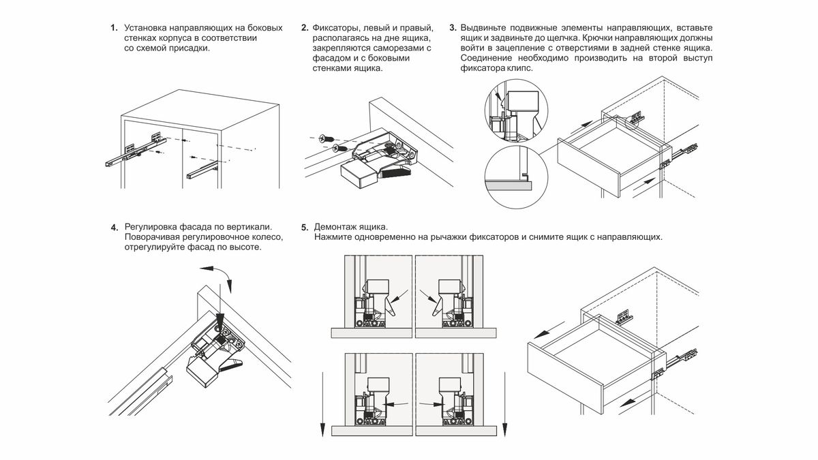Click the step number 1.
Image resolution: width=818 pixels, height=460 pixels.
[x=113, y=28]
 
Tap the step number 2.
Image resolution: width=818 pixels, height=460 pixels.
[x=304, y=28]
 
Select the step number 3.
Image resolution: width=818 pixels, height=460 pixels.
[x=453, y=28]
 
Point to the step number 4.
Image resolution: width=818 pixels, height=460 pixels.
[x=113, y=227]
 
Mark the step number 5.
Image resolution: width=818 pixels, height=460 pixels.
[x=304, y=227]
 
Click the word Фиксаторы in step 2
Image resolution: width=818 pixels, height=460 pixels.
[x=335, y=28]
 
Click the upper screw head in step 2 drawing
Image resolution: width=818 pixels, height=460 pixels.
[x=325, y=138]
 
